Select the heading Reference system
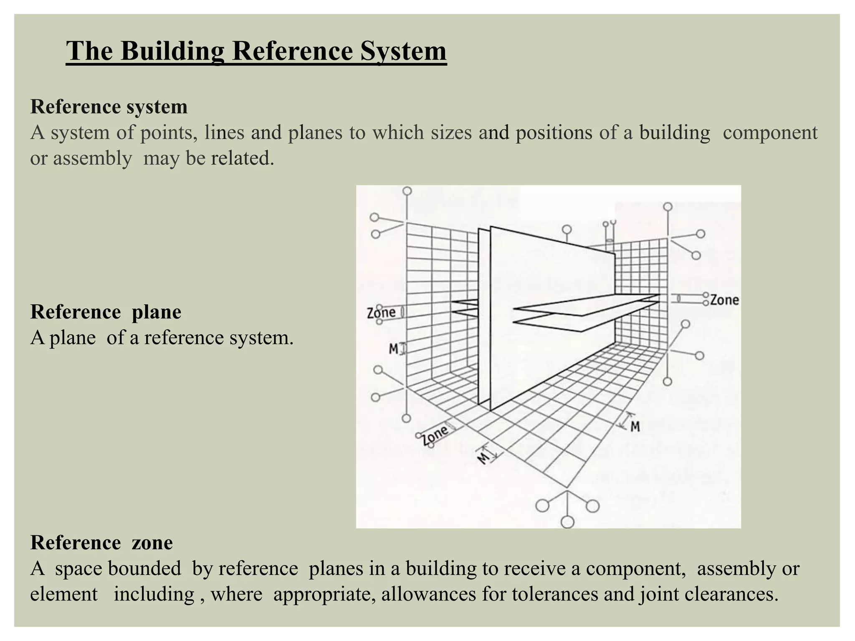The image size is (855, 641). [x=109, y=107]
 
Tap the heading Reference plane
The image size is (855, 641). [x=106, y=312]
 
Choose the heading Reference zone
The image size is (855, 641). [x=101, y=543]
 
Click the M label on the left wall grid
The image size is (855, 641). [x=394, y=348]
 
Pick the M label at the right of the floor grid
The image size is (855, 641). [x=635, y=426]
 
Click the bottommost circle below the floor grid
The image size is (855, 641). [x=567, y=522]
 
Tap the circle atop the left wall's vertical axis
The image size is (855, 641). [x=407, y=191]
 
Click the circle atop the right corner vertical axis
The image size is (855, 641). [x=668, y=207]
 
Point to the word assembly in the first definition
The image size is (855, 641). [x=92, y=159]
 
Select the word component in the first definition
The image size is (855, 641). [x=770, y=133]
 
